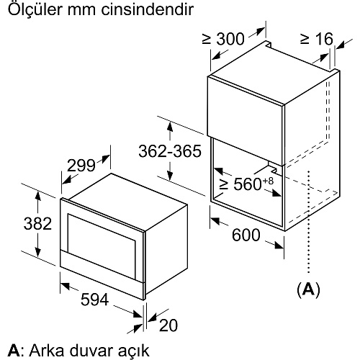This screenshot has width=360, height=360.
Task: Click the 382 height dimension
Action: (37, 223)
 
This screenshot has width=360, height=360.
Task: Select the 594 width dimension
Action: (94, 300)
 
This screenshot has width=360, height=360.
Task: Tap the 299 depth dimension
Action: (81, 166)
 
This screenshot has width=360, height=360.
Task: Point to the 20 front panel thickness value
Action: (168, 325)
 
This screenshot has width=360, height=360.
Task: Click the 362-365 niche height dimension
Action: (170, 151)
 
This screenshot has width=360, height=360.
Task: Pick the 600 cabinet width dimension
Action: (246, 235)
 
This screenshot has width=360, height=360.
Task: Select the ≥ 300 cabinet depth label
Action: (223, 38)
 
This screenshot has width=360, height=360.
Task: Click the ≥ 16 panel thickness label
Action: (317, 38)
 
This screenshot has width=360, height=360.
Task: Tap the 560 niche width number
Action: (248, 184)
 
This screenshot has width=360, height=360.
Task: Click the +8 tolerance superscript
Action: (268, 181)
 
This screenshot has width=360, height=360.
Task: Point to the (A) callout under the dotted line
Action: (308, 290)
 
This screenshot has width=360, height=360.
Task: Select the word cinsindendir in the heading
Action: (147, 9)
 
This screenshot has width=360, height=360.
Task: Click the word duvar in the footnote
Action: (87, 351)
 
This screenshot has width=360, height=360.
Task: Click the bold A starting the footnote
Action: (14, 351)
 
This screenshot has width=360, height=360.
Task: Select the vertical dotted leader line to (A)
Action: (309, 222)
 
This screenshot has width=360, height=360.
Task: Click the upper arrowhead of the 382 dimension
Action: (37, 195)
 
